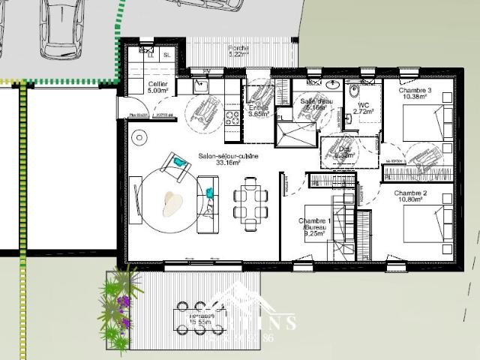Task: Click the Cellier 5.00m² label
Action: [x=157, y=88]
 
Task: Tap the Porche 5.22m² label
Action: [x=238, y=51]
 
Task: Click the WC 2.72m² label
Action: [x=364, y=109]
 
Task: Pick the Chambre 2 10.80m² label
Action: [x=410, y=197]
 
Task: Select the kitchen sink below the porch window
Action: [x=200, y=86]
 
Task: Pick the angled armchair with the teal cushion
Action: [x=176, y=164]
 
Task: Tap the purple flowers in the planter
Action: [x=124, y=302]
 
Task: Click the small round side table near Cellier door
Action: [x=139, y=137]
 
